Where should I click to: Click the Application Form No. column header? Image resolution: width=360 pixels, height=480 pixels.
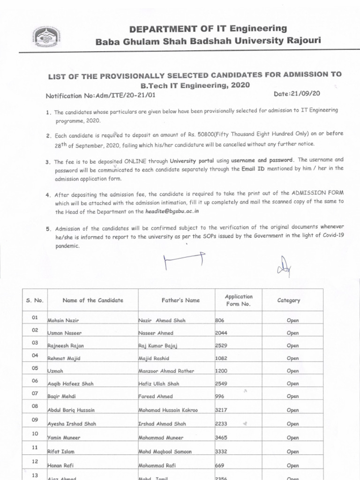pyautogui.click(x=239, y=300)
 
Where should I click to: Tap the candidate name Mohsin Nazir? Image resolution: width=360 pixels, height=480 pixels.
pyautogui.click(x=63, y=321)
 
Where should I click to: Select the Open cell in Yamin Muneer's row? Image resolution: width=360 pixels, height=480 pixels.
pyautogui.click(x=292, y=438)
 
